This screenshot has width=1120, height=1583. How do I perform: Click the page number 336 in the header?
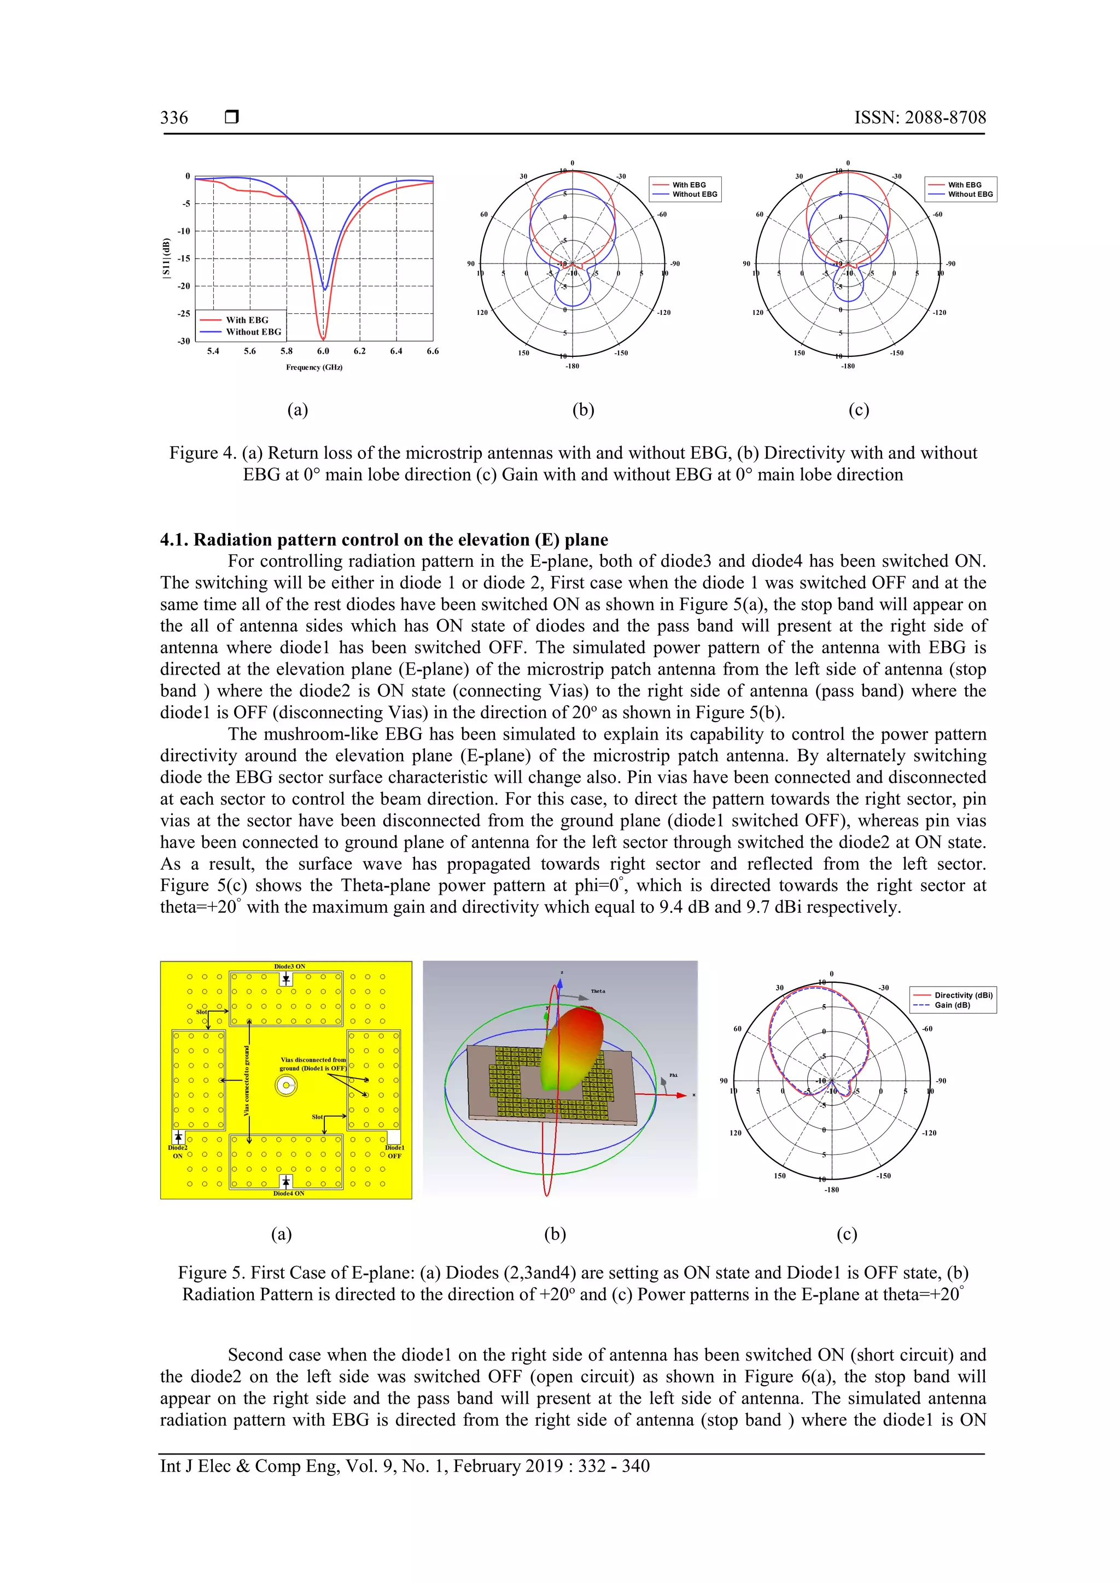click(174, 118)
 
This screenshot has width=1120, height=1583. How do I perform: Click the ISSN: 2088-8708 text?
click(920, 118)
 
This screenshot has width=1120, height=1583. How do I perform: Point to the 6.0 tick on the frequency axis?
click(323, 351)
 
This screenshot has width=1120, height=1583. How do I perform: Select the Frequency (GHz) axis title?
click(314, 367)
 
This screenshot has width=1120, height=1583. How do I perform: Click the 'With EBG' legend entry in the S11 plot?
click(247, 320)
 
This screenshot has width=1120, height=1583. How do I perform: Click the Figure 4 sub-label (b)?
click(583, 410)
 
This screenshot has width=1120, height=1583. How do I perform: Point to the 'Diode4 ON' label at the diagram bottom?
click(288, 1193)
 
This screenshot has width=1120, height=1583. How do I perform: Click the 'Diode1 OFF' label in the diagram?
click(394, 1151)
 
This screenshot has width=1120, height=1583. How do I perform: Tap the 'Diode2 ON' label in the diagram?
click(177, 1151)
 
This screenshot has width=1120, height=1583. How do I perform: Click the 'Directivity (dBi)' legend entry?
click(962, 995)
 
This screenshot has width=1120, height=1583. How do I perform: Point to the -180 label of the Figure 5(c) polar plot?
click(832, 1190)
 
